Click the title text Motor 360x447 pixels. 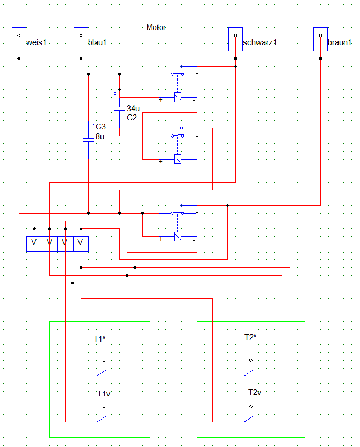(x=156, y=27)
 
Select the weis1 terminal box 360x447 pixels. (x=19, y=40)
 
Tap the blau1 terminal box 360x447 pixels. (x=81, y=40)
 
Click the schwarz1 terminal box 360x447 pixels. (x=235, y=40)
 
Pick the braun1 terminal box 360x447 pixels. (x=320, y=40)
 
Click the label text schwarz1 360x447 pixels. (x=260, y=42)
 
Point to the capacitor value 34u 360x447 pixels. (x=133, y=109)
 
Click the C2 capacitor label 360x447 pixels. (x=132, y=117)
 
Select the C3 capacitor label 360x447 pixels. (x=100, y=127)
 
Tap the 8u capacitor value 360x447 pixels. (x=100, y=136)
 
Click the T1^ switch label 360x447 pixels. (x=99, y=339)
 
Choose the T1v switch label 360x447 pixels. (x=104, y=394)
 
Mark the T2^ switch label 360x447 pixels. (x=250, y=337)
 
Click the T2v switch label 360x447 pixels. (x=255, y=392)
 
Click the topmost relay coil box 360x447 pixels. (x=178, y=97)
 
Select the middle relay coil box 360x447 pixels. (x=178, y=158)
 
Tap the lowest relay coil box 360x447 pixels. (x=178, y=236)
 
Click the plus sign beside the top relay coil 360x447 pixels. (x=160, y=100)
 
